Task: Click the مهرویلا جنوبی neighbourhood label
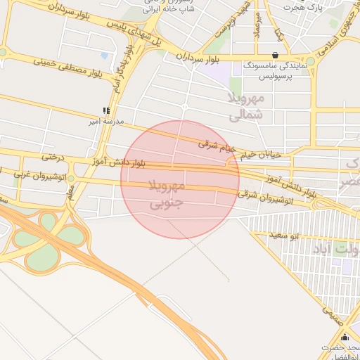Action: point(167,195)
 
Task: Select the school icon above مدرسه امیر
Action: point(105,110)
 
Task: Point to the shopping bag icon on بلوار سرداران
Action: point(274,55)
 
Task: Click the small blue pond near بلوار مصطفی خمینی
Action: point(105,55)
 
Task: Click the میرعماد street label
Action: point(257,25)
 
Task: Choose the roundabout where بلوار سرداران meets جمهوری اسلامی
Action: point(310,62)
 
